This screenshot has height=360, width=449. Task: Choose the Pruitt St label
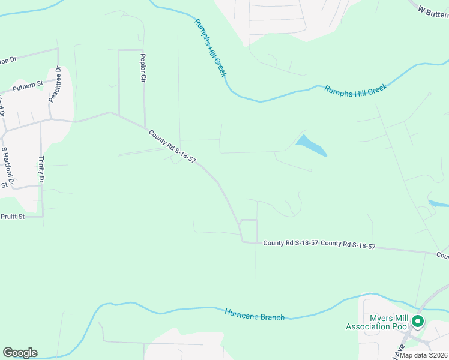point(11,217)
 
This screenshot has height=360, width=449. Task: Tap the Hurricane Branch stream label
point(255,314)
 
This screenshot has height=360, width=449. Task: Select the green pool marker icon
point(417,322)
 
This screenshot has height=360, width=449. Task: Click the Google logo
point(20,353)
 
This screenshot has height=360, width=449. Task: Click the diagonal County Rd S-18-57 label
point(172,147)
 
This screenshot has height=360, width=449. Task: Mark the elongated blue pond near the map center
point(311,146)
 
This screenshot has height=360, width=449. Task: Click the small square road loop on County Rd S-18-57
point(249,230)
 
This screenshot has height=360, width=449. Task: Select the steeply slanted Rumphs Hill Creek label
point(210,47)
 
